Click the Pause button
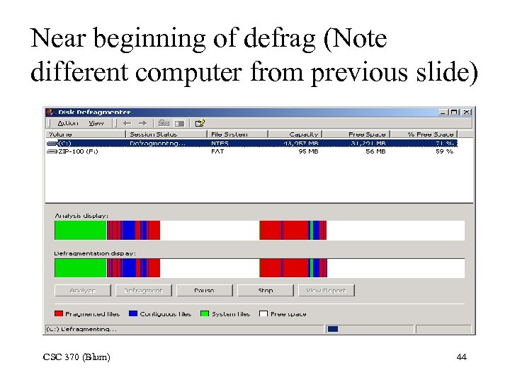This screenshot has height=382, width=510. tap(204, 291)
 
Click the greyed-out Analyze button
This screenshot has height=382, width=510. tap(83, 291)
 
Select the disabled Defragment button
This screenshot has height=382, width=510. tap(143, 291)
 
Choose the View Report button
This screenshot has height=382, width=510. tap(326, 291)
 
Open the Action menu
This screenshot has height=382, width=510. tap(68, 123)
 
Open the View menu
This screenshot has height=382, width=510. tap(96, 123)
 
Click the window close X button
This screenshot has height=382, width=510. tap(467, 112)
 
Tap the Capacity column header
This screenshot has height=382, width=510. tap(304, 134)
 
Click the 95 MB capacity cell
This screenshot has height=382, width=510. tap(308, 151)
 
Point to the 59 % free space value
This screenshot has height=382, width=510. tap(444, 151)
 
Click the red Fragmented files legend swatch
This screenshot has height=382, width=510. tap(59, 313)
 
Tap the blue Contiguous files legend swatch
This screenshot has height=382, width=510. tap(134, 313)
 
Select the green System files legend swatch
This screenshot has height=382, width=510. tap(205, 313)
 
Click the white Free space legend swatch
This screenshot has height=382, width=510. tap(263, 313)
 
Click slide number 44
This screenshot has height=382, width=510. tap(462, 357)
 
